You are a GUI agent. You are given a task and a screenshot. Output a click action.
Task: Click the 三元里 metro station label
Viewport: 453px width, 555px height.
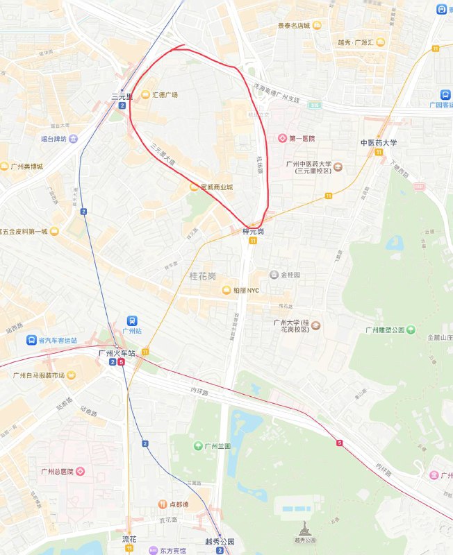(x=121, y=97)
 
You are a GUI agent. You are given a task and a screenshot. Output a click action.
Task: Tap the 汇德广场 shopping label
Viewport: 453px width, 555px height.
(x=165, y=95)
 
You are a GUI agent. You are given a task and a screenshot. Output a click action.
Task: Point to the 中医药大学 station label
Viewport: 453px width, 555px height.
(x=378, y=143)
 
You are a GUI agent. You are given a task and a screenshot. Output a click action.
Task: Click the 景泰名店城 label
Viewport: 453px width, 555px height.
(x=293, y=26)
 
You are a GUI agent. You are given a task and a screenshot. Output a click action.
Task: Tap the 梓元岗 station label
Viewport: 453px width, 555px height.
(x=253, y=231)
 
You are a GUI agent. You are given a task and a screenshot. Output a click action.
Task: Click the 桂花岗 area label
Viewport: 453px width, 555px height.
(x=203, y=275)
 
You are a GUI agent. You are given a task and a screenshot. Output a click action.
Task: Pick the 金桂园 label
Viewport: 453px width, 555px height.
(x=290, y=275)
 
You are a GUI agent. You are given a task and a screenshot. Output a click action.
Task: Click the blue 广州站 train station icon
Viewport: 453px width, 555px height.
(x=128, y=321)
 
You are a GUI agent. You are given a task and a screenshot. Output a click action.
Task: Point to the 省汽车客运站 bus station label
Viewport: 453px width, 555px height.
(x=58, y=340)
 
